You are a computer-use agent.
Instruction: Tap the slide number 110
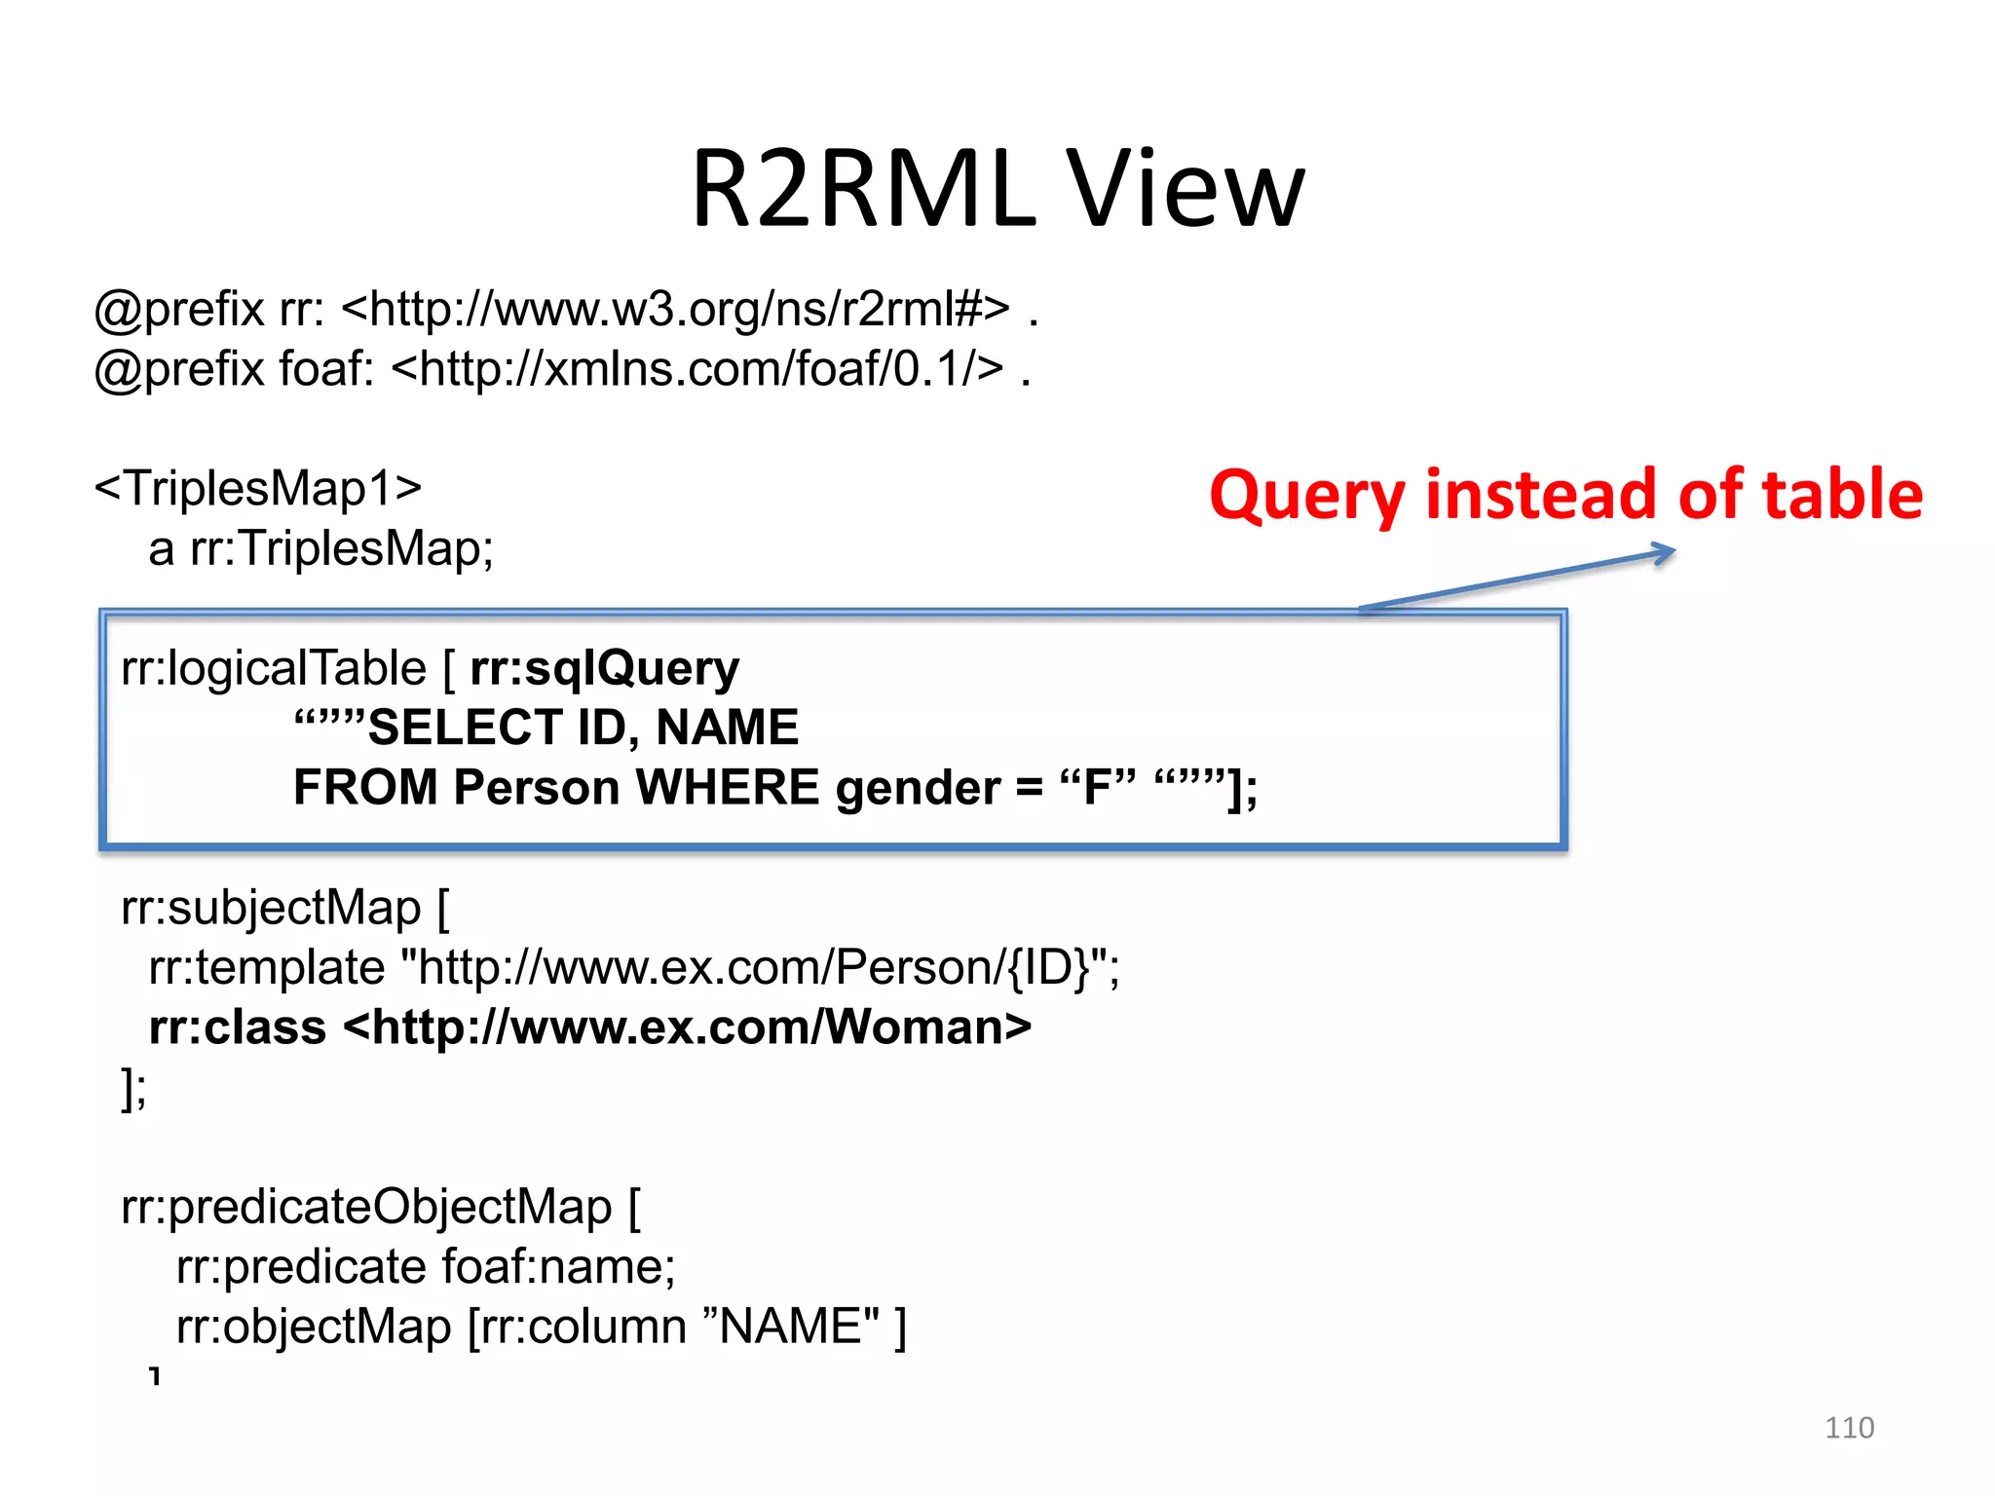pyautogui.click(x=1848, y=1428)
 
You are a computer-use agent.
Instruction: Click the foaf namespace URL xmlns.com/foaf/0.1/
pyautogui.click(x=697, y=369)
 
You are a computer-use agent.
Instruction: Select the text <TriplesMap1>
pyautogui.click(x=258, y=488)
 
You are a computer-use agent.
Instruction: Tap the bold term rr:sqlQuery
pyautogui.click(x=604, y=668)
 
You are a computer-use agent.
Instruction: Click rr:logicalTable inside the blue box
pyautogui.click(x=274, y=668)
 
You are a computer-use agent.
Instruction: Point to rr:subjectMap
pyautogui.click(x=271, y=908)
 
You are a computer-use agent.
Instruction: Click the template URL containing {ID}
pyautogui.click(x=760, y=968)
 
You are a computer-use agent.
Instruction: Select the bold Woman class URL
pyautogui.click(x=687, y=1028)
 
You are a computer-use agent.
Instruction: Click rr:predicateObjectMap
pyautogui.click(x=366, y=1207)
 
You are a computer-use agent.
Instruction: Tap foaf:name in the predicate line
pyautogui.click(x=557, y=1267)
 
